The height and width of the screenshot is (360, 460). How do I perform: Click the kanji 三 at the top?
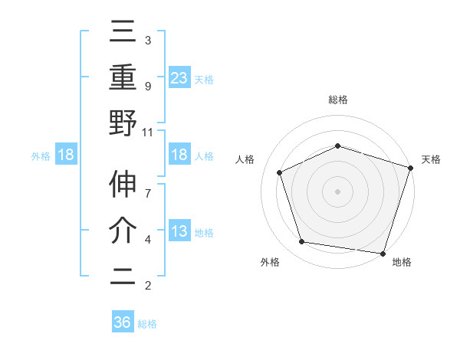[x=123, y=32]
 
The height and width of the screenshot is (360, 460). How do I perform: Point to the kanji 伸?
[x=123, y=186]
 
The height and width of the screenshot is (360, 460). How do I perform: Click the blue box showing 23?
[x=179, y=77]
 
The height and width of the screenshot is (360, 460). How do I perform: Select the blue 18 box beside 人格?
[x=179, y=155]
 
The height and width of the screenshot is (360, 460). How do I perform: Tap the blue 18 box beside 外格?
[x=66, y=155]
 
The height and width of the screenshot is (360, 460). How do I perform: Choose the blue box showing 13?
[x=179, y=231]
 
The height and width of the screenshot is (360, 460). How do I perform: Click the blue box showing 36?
[x=122, y=322]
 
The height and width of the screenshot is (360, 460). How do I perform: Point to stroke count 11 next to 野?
[x=148, y=132]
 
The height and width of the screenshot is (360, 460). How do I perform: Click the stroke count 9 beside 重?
[x=148, y=87]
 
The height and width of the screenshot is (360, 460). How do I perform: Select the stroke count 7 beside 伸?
[x=148, y=186]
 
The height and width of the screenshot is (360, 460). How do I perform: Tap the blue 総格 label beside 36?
[x=148, y=324]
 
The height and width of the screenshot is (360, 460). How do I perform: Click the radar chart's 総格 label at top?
[x=337, y=100]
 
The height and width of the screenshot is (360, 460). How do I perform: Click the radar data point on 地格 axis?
[x=383, y=253]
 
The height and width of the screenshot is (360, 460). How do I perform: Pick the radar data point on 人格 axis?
[x=280, y=172]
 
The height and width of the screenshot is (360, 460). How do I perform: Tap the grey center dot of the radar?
[x=337, y=191]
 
